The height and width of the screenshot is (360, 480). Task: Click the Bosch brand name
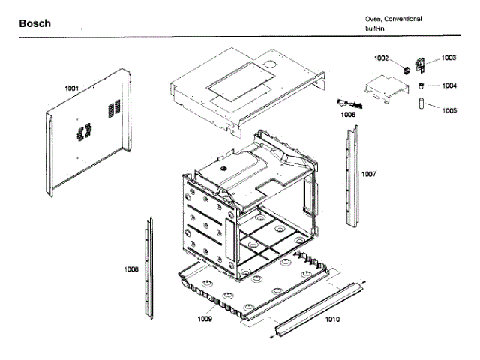35,23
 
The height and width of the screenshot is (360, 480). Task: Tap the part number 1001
72,88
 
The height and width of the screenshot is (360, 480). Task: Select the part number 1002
382,58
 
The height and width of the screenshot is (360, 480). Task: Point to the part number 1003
448,58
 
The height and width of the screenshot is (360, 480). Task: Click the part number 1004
448,85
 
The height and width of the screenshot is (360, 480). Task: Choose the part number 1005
448,110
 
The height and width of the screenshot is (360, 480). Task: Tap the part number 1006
348,115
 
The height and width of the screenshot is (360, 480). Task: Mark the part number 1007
368,174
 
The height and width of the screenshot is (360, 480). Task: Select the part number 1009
205,319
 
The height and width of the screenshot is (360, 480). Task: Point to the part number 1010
332,319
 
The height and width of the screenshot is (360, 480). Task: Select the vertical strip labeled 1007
351,176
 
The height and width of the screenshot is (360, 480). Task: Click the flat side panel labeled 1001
86,142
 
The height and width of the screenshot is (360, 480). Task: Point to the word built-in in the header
377,28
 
